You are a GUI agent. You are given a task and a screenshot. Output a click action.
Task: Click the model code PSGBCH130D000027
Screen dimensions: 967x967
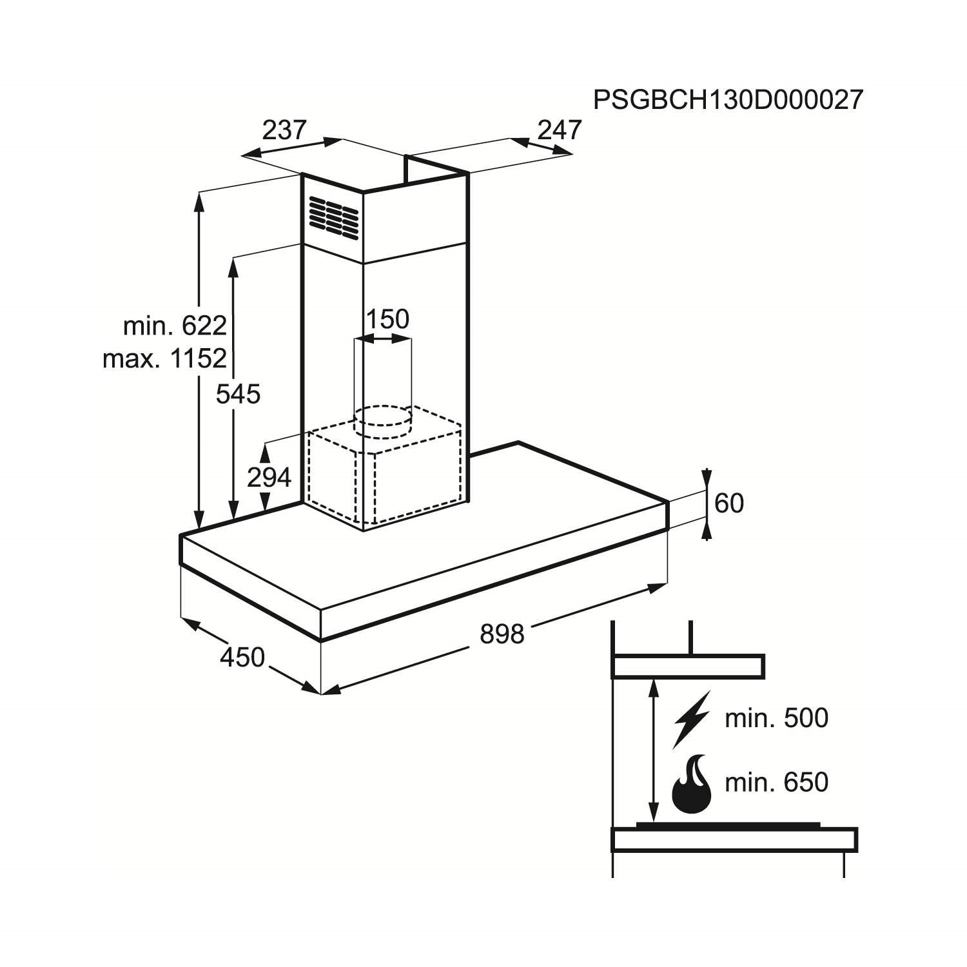[x=728, y=101]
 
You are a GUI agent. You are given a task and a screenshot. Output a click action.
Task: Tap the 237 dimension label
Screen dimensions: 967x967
[x=284, y=130]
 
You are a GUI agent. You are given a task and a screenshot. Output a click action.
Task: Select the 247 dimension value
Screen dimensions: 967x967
[x=560, y=130]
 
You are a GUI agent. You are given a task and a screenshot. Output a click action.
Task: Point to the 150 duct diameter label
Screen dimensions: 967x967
[x=387, y=319]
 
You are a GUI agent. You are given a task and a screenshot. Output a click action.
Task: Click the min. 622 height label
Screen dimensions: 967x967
[x=175, y=326]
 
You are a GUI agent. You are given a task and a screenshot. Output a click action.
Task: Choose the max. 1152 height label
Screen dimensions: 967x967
[x=164, y=358]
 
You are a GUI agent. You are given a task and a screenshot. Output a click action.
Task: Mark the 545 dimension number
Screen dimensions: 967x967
[x=238, y=395]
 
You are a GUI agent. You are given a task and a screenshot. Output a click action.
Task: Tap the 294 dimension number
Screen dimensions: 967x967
[x=269, y=478]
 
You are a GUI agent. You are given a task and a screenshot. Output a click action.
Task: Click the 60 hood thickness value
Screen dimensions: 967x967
[x=729, y=503]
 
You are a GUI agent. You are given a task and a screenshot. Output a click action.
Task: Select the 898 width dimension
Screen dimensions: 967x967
[x=502, y=635]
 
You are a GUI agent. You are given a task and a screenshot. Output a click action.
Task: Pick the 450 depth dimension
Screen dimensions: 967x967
[x=242, y=658]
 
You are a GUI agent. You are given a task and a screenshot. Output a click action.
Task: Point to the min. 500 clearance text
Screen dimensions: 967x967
[x=776, y=718]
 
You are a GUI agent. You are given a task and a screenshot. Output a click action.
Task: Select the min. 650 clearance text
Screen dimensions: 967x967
[x=776, y=783]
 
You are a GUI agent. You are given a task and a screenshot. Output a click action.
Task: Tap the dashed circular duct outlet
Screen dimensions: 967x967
[x=384, y=422]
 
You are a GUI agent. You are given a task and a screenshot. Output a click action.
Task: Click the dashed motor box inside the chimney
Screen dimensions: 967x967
[x=385, y=474]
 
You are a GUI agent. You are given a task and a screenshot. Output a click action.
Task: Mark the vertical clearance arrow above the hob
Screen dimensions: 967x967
[x=654, y=750]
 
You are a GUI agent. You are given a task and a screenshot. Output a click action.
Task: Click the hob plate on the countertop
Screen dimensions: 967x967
[x=728, y=825]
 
